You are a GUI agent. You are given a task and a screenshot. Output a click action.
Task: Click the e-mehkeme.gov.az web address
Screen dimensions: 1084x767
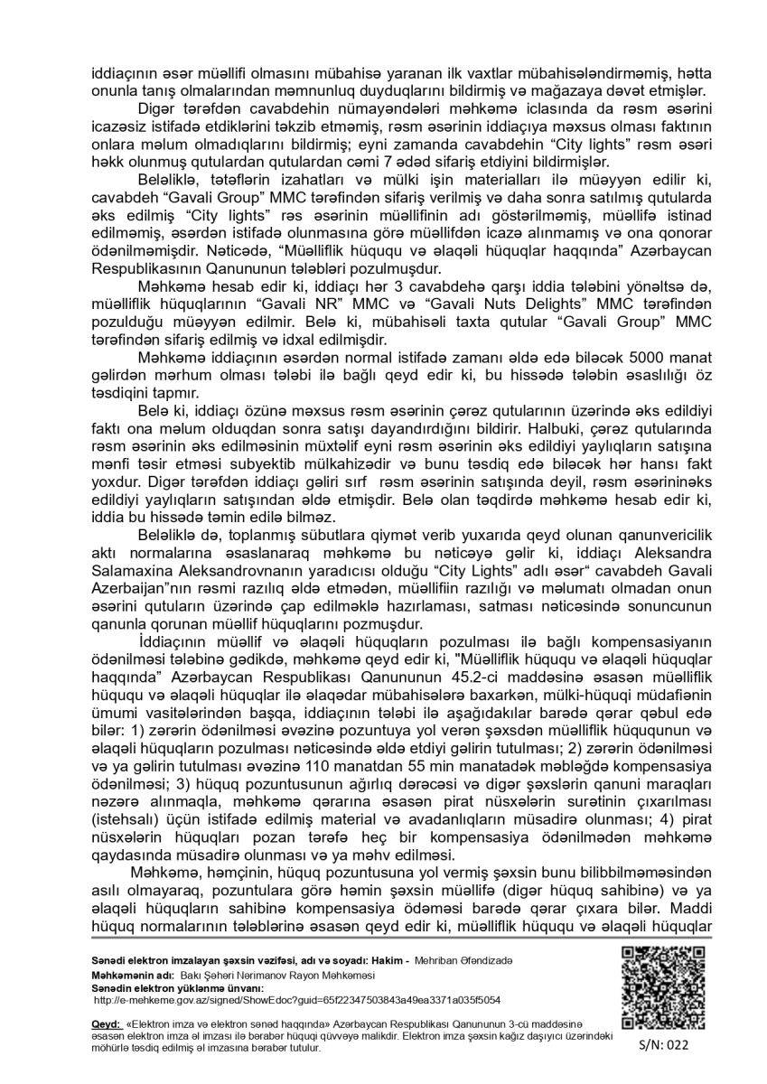pyautogui.click(x=297, y=1000)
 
